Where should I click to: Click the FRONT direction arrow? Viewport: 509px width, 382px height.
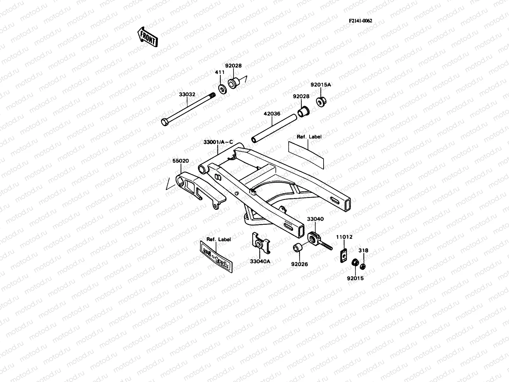147,37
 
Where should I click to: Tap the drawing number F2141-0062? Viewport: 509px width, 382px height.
360,21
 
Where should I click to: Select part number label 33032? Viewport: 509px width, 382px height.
187,95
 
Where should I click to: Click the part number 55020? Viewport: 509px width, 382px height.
181,161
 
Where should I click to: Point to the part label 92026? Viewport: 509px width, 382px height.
299,264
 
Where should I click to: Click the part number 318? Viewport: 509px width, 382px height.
363,251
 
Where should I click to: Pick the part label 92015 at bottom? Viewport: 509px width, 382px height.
355,278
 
